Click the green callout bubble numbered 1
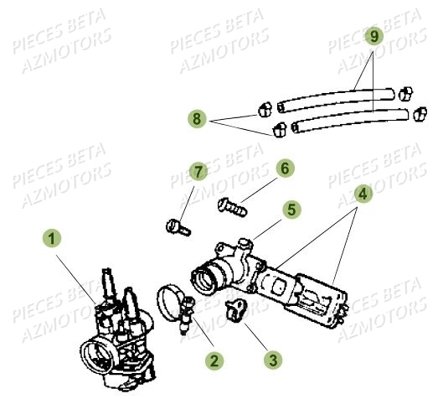tap(53, 240)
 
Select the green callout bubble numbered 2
tap(215, 360)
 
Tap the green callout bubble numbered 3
tap(273, 360)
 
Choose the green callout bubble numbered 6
tap(286, 168)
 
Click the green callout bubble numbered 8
tap(197, 120)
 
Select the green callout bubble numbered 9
tap(375, 36)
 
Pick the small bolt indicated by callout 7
tap(176, 225)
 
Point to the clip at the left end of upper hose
tap(264, 108)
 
